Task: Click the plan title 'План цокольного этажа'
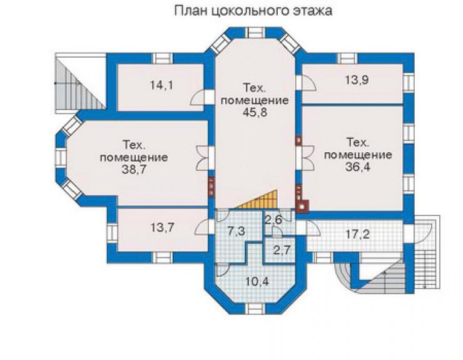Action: coord(253,11)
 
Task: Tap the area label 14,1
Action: coord(161,85)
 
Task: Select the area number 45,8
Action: coord(255,112)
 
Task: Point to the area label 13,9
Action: coord(357,80)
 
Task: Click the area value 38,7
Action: coord(134,170)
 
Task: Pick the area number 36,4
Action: coord(358,167)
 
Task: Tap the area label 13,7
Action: coord(163,228)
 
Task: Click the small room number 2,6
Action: coord(273,220)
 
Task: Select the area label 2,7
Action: coord(282,250)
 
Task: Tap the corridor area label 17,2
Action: coord(357,235)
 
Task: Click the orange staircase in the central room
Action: coord(262,201)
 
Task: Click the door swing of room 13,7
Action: coord(201,228)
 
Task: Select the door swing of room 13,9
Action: coord(309,82)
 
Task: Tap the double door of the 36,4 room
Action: coord(308,157)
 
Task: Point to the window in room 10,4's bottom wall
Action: coord(257,309)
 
